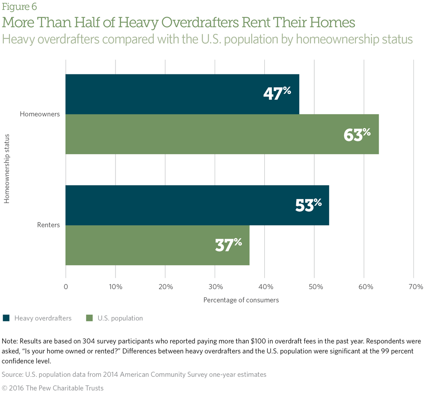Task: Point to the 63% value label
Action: [357, 134]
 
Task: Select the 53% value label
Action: [308, 205]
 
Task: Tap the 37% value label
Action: [228, 245]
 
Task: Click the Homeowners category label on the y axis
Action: [40, 114]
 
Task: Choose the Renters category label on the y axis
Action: [49, 225]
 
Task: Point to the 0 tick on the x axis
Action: [66, 287]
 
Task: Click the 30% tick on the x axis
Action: [215, 287]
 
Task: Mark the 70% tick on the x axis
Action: [414, 287]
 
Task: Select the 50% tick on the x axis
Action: [315, 287]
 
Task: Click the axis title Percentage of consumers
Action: [241, 300]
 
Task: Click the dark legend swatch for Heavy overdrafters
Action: [6, 318]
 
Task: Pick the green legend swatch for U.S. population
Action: [89, 318]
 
